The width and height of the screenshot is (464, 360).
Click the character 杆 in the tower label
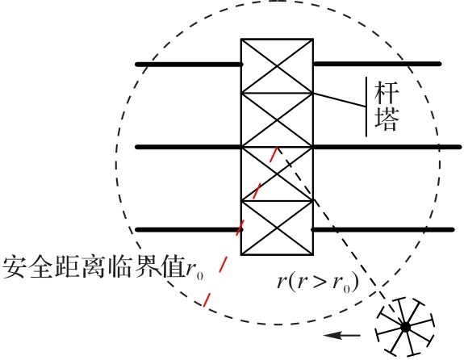387,92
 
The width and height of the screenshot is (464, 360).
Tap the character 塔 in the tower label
387,119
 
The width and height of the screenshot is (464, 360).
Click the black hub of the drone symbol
405,328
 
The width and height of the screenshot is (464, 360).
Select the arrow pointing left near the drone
342,336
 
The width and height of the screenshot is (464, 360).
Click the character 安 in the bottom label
15,266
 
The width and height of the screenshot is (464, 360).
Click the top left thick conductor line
190,65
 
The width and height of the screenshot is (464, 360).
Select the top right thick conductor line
377,64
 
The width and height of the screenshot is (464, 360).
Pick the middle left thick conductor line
189,147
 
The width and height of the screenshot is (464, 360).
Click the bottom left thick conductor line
190,229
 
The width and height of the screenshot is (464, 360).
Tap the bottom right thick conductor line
382,229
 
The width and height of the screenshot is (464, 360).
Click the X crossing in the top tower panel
277,66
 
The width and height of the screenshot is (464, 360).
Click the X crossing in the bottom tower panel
277,228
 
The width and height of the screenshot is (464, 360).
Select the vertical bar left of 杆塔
366,107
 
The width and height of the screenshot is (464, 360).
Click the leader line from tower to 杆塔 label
340,100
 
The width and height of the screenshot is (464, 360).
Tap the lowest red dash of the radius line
207,299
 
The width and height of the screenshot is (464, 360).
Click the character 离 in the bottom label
94,266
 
